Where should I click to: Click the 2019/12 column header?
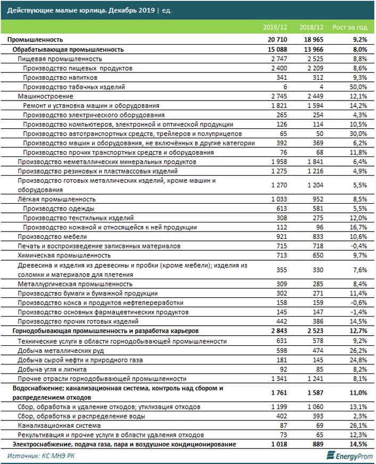coord(275,27)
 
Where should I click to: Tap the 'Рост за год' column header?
coord(349,27)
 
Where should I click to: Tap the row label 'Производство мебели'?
coord(50,236)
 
